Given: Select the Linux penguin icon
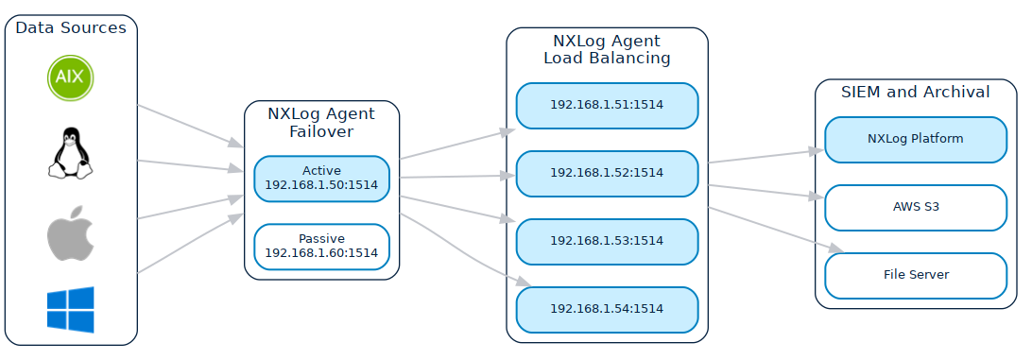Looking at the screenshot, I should coord(71,152).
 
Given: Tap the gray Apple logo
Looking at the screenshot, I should coord(71,232).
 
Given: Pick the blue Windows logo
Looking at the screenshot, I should coord(71,310).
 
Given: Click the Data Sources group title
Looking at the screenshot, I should coord(71,28).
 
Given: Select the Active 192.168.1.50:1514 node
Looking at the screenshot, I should coord(321,179).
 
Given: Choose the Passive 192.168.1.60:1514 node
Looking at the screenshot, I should coord(321,247).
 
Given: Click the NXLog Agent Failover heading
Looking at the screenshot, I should coord(321,123).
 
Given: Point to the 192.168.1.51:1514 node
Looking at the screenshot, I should coord(607,106).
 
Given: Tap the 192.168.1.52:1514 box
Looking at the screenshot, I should coord(607,173).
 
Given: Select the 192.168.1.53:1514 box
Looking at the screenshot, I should coord(607,241).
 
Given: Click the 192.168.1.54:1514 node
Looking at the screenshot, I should coord(607,309).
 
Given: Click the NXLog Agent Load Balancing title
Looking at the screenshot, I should coord(607,49).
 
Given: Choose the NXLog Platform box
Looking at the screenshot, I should coord(915,139).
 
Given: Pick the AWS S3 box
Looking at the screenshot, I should coord(915,207).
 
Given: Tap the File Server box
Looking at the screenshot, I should coord(915,275).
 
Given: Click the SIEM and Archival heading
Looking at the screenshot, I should coord(915,93).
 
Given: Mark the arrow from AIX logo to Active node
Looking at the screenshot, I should coord(189,126).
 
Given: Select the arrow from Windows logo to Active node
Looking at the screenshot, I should coord(189,246).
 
